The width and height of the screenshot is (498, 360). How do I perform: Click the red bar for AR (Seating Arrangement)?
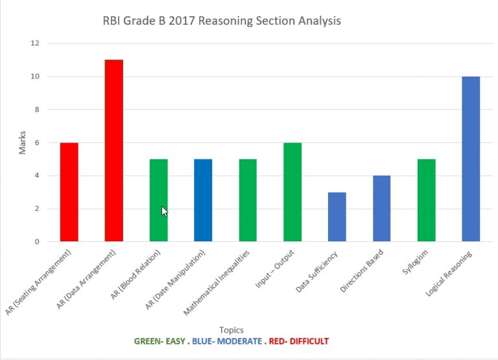[69, 192]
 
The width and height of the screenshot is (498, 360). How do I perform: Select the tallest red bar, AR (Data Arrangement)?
[113, 150]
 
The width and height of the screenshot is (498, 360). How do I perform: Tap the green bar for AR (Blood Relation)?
[158, 200]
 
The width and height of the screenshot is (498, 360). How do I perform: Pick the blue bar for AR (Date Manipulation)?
[203, 200]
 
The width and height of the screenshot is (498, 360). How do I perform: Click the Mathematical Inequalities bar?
[248, 200]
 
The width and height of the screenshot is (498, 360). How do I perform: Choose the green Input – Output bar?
[292, 192]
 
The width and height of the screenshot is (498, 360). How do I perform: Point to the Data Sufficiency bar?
[337, 217]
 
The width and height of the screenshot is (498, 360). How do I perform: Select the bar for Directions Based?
[381, 209]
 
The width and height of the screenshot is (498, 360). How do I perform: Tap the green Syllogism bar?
[426, 200]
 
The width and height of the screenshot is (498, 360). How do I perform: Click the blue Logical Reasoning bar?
[471, 159]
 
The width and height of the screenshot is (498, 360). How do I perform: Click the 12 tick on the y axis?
[34, 43]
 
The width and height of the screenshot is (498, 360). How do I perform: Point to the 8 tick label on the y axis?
[36, 110]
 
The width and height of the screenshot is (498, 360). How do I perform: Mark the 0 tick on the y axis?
[36, 242]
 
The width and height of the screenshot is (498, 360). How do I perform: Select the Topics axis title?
[231, 330]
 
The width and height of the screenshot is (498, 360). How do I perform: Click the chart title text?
[222, 21]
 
